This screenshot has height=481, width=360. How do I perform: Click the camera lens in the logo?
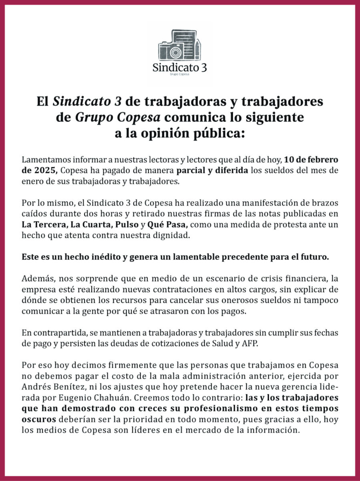tap(175, 52)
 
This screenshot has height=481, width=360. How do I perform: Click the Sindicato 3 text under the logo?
tap(179, 67)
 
